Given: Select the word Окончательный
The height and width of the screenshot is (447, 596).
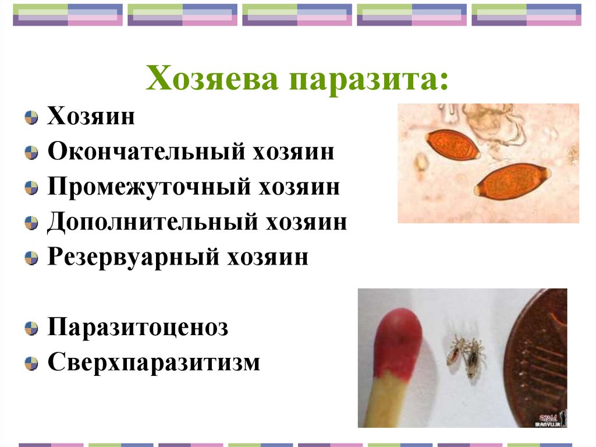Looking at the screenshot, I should tap(146, 152).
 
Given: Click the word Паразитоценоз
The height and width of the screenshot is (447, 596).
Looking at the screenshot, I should tap(137, 327).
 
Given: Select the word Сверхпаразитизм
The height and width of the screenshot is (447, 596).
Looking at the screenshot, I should tap(153, 362).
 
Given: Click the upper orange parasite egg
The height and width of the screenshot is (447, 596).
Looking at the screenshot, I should tap(452, 145).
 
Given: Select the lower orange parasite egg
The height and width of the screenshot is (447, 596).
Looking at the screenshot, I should tap(512, 181).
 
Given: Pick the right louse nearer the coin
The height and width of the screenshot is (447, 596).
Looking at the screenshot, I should tap(475, 357).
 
